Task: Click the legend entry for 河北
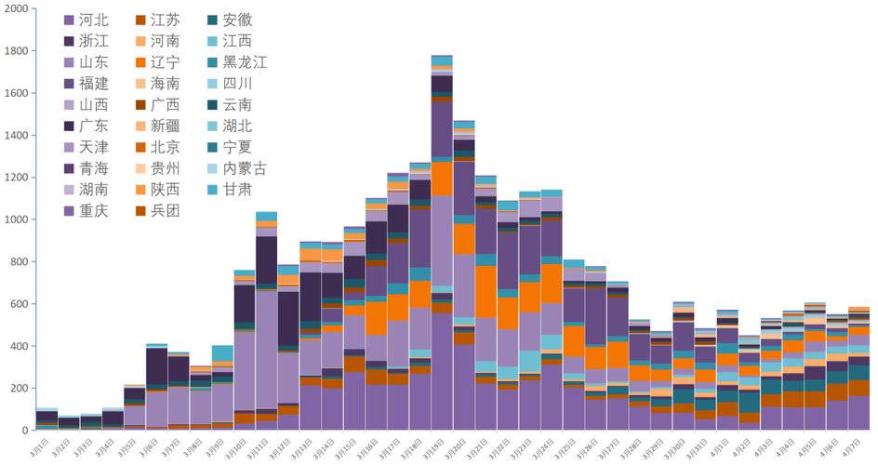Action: coord(86,20)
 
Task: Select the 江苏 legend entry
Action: coord(158,20)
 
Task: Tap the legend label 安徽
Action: coord(230,20)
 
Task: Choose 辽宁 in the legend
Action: coord(158,62)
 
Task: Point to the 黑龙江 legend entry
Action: coord(237,62)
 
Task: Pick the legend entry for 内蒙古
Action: coord(237,168)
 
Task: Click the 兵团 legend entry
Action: coord(158,210)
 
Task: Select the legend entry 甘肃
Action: coord(230,190)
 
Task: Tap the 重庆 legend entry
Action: coord(86,210)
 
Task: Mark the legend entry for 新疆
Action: coord(158,126)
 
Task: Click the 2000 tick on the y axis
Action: coord(16,9)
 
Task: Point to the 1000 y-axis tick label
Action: coord(16,219)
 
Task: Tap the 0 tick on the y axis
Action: coord(26,431)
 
